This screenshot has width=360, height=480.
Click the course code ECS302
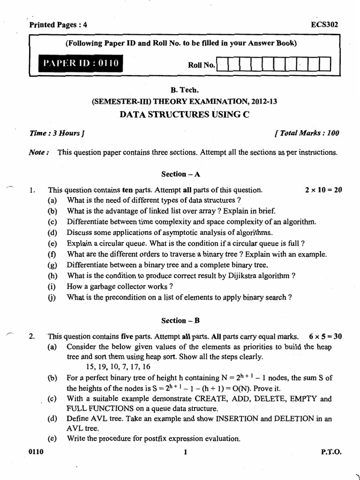[x=324, y=25]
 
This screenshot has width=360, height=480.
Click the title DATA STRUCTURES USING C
[x=180, y=114]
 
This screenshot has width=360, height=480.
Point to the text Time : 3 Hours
[x=57, y=133]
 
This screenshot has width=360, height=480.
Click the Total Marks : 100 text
[x=307, y=133]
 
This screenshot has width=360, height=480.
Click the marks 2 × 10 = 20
[x=323, y=190]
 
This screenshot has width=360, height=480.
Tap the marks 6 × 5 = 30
[x=325, y=337]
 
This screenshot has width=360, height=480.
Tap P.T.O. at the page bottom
[x=331, y=452]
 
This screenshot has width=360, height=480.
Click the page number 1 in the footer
[x=186, y=452]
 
